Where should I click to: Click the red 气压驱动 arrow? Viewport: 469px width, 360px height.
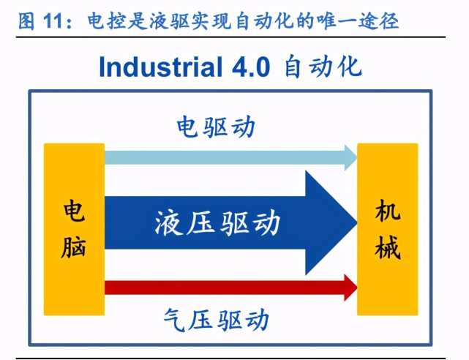220,287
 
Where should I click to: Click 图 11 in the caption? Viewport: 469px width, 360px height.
36,20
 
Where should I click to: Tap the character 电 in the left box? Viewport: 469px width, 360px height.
73,211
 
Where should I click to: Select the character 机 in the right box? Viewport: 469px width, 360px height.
387,211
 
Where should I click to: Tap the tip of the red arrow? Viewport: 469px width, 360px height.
354,287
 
